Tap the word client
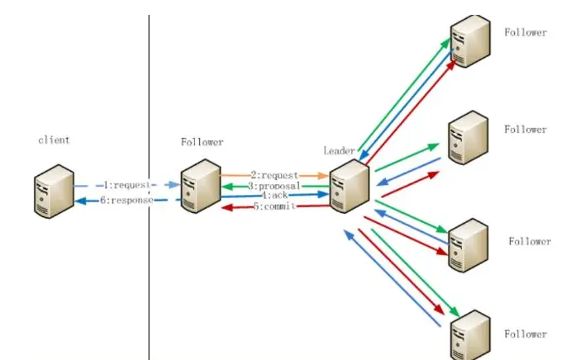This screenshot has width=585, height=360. point(54,140)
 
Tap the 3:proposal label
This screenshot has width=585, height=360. point(274,187)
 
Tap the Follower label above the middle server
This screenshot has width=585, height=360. point(202,143)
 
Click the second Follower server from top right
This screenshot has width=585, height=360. point(468,138)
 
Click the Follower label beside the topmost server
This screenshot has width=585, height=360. point(526,32)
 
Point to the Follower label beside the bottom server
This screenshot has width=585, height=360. point(526,334)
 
